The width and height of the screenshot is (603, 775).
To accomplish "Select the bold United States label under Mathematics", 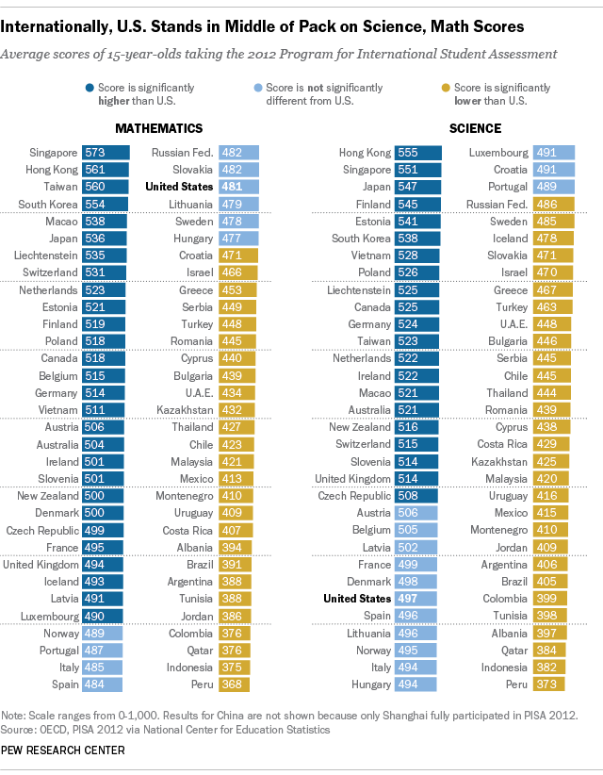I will click(x=178, y=187).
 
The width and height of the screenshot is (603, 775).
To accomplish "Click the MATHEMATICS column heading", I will click(x=158, y=128).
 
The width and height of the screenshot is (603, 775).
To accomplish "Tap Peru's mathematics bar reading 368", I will click(x=238, y=684).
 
